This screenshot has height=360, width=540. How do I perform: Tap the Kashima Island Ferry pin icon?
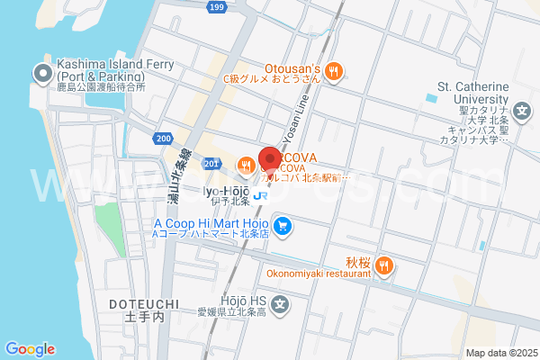(x=42, y=72)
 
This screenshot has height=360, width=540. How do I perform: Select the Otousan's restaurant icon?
(x=333, y=71)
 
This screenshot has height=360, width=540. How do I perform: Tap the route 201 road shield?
(x=211, y=163)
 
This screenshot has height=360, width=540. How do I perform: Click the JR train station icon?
(x=259, y=195)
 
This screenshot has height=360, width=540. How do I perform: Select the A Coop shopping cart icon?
(x=283, y=225)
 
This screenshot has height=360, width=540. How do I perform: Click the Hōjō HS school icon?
(x=281, y=305)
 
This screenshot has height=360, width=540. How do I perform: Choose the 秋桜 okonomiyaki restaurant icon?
(x=384, y=264)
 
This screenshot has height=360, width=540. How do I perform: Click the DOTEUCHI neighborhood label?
(x=144, y=305)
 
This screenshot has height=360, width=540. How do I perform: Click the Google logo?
(x=30, y=349)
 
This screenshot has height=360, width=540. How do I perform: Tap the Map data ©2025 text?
(x=499, y=353)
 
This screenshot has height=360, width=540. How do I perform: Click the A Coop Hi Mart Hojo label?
(x=211, y=222)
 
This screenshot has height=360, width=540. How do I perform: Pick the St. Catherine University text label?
(x=473, y=93)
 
